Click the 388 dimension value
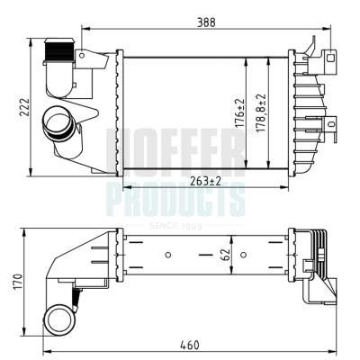tap(206, 22)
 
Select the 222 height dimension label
tap(24, 107)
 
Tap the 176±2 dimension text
tap(239, 114)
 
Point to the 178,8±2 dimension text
tap(261, 113)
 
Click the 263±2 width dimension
tap(206, 181)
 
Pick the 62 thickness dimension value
tap(226, 255)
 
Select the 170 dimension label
tap(18, 282)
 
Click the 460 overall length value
tap(190, 345)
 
